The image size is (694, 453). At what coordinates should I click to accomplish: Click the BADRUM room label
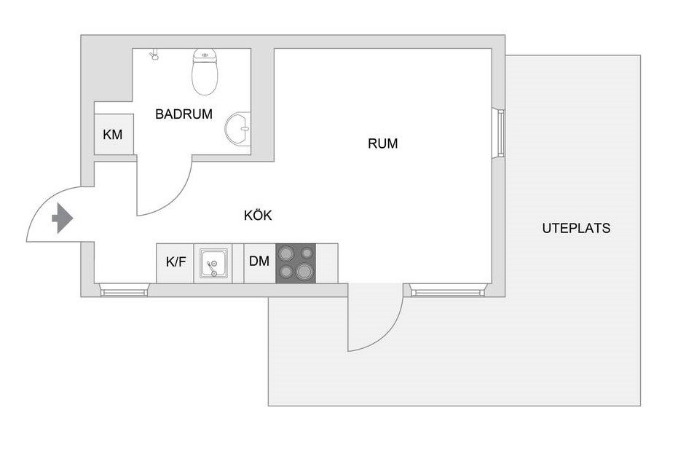point(184,114)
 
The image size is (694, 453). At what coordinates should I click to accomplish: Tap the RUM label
point(383,143)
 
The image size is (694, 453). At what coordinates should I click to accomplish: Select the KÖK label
point(258,215)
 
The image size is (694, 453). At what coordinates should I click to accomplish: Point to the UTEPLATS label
point(576,228)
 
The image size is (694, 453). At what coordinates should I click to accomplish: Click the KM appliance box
point(114,134)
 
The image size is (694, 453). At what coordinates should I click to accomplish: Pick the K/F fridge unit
point(176,263)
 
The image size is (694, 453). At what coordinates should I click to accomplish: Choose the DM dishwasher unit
point(260,263)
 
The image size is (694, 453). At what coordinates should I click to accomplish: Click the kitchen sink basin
point(213,263)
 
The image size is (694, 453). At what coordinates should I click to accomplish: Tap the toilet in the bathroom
point(205,71)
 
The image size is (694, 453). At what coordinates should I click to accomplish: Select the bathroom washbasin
point(237,129)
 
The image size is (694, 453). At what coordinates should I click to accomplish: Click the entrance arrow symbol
point(63,218)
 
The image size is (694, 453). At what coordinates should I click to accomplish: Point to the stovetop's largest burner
point(304,270)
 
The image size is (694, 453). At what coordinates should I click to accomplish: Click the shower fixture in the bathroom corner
point(154,55)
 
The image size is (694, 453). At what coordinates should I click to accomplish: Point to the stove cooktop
point(296,263)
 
